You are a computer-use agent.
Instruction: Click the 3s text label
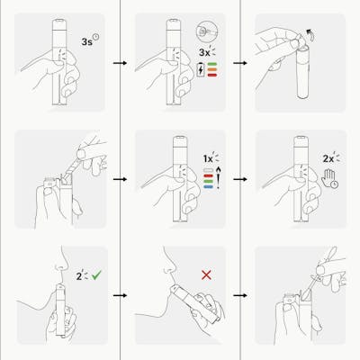coord(86,41)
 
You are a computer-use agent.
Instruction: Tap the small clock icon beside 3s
coord(96,37)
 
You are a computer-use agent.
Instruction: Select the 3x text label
coord(204,52)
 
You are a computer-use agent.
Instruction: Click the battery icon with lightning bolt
coord(200,69)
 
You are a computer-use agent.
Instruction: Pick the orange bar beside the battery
coord(211,69)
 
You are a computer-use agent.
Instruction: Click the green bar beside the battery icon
coord(211,64)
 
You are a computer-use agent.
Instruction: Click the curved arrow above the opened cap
coord(310,35)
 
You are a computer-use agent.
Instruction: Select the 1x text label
coord(208,158)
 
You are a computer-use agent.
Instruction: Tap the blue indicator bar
coord(208,186)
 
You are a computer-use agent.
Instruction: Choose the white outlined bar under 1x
coord(208,170)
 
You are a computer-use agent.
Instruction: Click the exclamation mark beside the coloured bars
coord(218,178)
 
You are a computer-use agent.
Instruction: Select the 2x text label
coord(328,158)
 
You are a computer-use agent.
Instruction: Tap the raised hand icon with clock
coord(329,178)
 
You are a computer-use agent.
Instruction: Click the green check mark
coord(96,274)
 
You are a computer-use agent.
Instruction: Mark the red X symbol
coord(206,274)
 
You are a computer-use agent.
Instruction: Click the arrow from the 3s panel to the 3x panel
coord(121,63)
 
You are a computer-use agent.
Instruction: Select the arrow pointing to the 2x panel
coord(240,179)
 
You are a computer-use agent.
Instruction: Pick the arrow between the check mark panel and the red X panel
coord(121,295)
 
